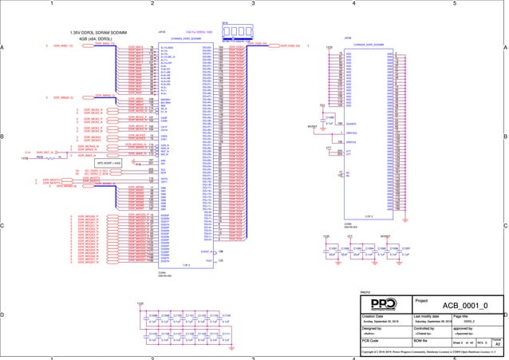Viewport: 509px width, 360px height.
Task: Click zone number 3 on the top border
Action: [253, 4]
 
